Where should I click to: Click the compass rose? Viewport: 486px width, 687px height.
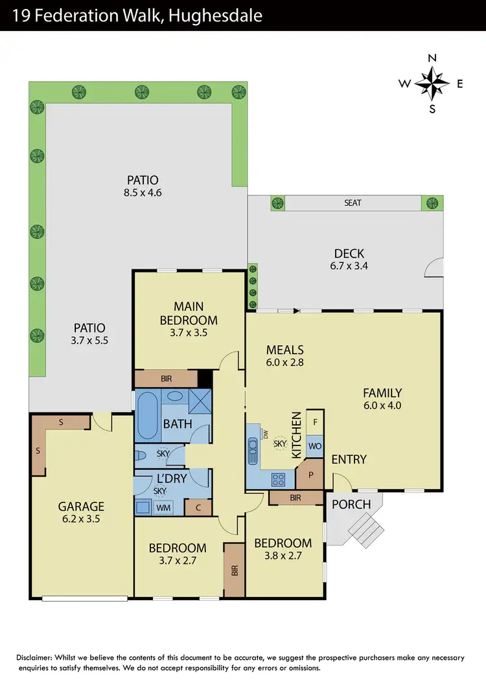(x=432, y=84)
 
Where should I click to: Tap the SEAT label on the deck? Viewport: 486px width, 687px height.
(x=353, y=203)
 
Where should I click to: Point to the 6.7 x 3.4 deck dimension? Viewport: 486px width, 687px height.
(x=349, y=265)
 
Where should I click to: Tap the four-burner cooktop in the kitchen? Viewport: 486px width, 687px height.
(x=279, y=480)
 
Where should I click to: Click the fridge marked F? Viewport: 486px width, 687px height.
(x=315, y=422)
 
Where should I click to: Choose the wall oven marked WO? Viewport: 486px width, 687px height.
(x=315, y=446)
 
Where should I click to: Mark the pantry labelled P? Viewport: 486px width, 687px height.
(x=310, y=473)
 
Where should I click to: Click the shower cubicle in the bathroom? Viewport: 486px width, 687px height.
(x=200, y=402)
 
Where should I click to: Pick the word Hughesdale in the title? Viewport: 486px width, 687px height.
(x=216, y=14)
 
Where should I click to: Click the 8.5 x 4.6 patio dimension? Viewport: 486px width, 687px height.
(x=143, y=192)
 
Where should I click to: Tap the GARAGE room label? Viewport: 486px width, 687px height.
(x=81, y=506)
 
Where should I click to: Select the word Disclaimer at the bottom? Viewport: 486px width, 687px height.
(x=39, y=658)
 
